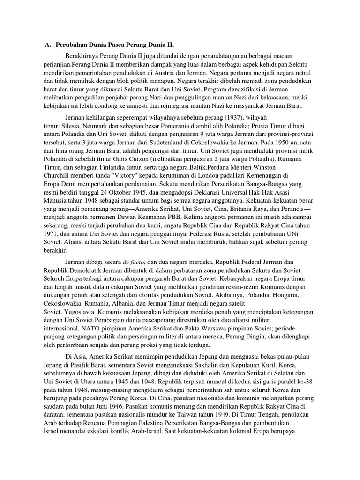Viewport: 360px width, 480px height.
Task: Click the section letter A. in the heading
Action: [48, 45]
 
